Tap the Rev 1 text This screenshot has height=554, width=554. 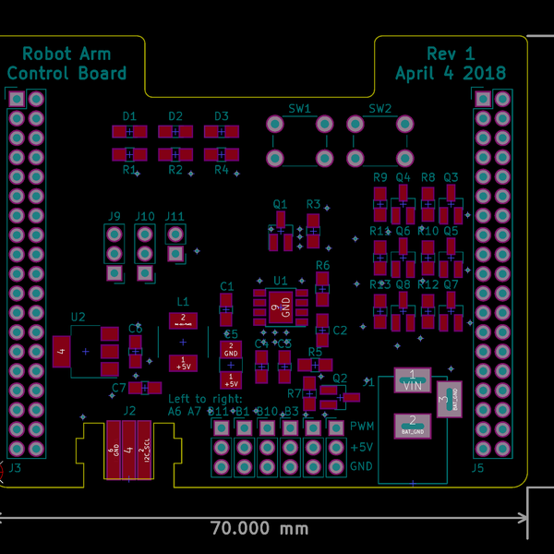pyautogui.click(x=451, y=54)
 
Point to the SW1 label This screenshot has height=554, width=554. pyautogui.click(x=300, y=108)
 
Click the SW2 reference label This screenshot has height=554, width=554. pyautogui.click(x=380, y=108)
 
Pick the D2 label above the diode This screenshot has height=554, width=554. pyautogui.click(x=175, y=116)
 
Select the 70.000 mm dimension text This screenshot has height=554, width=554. pyautogui.click(x=259, y=529)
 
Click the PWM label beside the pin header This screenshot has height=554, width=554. pyautogui.click(x=363, y=427)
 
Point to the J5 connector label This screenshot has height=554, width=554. pyautogui.click(x=477, y=468)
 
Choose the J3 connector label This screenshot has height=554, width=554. pyautogui.click(x=15, y=468)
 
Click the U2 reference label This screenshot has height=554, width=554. pyautogui.click(x=78, y=317)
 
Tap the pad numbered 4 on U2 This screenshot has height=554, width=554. pyautogui.click(x=61, y=351)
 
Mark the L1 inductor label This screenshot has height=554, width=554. pyautogui.click(x=183, y=302)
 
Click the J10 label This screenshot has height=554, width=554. pyautogui.click(x=145, y=216)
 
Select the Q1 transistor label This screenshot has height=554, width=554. pyautogui.click(x=280, y=204)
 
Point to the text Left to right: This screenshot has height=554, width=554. pyautogui.click(x=205, y=398)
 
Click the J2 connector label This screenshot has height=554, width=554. pyautogui.click(x=129, y=411)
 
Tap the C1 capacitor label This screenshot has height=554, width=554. pyautogui.click(x=226, y=286)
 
